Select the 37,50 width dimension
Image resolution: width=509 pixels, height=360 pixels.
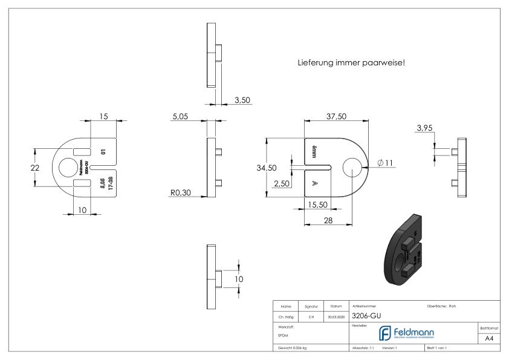coord(336,116)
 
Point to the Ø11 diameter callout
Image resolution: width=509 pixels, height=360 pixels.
coord(384,163)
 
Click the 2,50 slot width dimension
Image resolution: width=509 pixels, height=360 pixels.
coord(281,183)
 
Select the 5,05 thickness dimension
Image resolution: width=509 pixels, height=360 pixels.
coord(180,117)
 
